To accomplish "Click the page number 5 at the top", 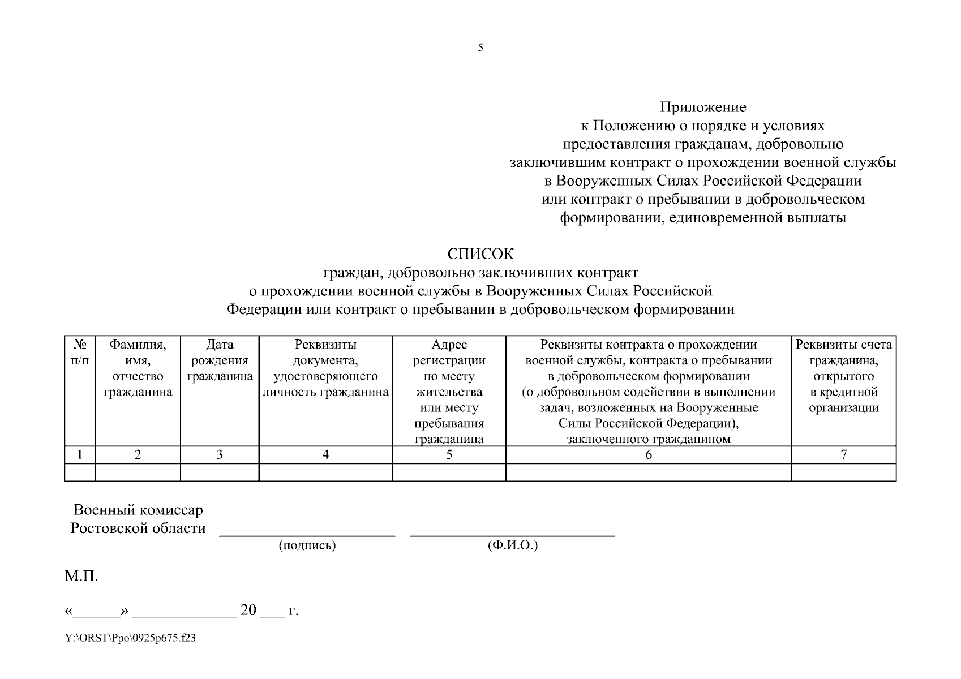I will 480,48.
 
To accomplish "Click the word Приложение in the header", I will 703,108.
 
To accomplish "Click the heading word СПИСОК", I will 480,253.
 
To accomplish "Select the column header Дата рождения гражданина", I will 220,360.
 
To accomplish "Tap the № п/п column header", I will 80,352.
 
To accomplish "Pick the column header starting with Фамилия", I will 138,368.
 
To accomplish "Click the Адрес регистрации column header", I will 449,392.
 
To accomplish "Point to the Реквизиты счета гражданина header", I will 843,376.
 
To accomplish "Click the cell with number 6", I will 648,454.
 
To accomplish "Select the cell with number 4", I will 325,454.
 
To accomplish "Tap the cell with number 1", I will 80,454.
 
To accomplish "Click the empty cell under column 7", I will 843,472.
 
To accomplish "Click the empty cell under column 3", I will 220,472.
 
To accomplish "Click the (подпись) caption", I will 307,546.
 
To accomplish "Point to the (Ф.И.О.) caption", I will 512,546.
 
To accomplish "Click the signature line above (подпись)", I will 307,535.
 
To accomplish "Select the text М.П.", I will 81,577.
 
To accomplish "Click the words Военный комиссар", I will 138,510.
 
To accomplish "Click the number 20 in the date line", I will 248,610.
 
